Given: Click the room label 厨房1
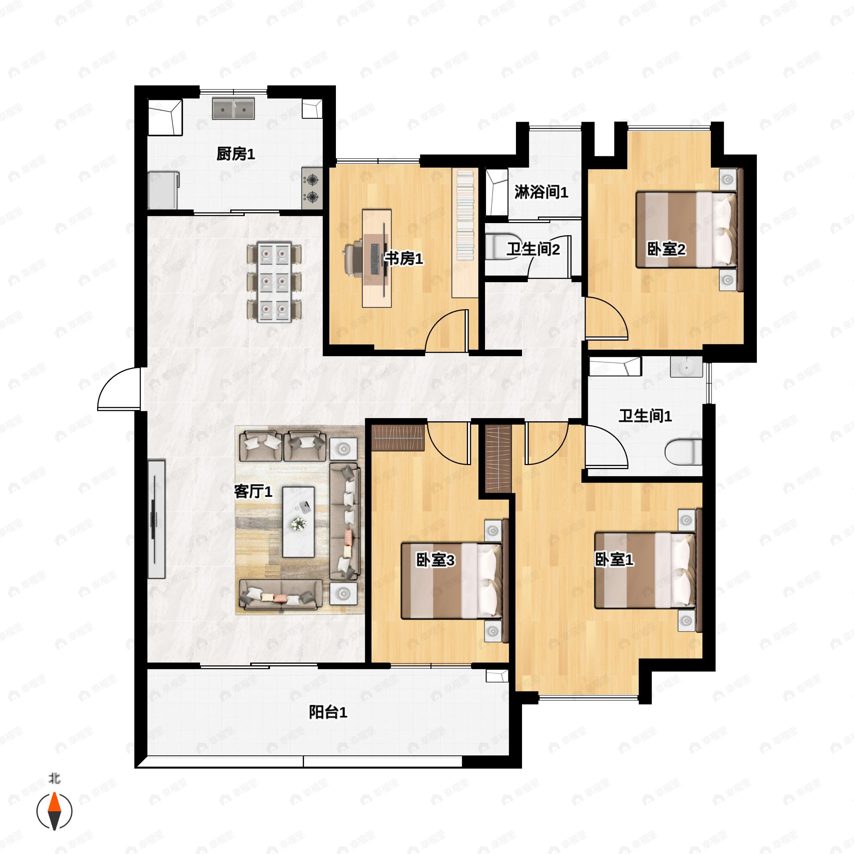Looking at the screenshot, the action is pos(236,154).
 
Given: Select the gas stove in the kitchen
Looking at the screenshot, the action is pos(312,188).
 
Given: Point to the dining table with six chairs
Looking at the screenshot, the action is pos(274,283).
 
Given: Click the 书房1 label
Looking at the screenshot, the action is pos(404,259).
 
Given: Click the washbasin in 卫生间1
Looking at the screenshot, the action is pos(686,367).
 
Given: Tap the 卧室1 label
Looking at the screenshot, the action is pos(614,560).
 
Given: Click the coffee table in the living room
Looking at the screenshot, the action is pos(299,522).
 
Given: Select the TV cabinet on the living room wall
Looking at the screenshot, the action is pos(156,519).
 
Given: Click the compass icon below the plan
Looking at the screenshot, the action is pos(54,811).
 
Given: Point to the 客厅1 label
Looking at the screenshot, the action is pos(253,491).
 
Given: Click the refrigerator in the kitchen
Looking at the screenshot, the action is pos(163,190).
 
